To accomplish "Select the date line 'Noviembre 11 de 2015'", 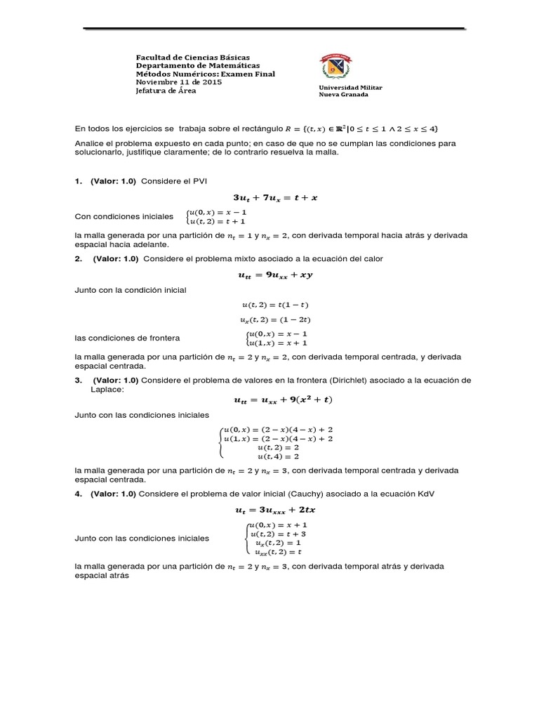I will tap(178, 82).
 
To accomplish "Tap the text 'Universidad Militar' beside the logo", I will tap(350, 87).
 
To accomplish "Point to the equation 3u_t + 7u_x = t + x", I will tap(270, 198).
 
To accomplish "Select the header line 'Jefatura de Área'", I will tap(166, 91).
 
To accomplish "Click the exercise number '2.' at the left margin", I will tap(79, 259).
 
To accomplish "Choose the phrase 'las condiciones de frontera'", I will tap(127, 338).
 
